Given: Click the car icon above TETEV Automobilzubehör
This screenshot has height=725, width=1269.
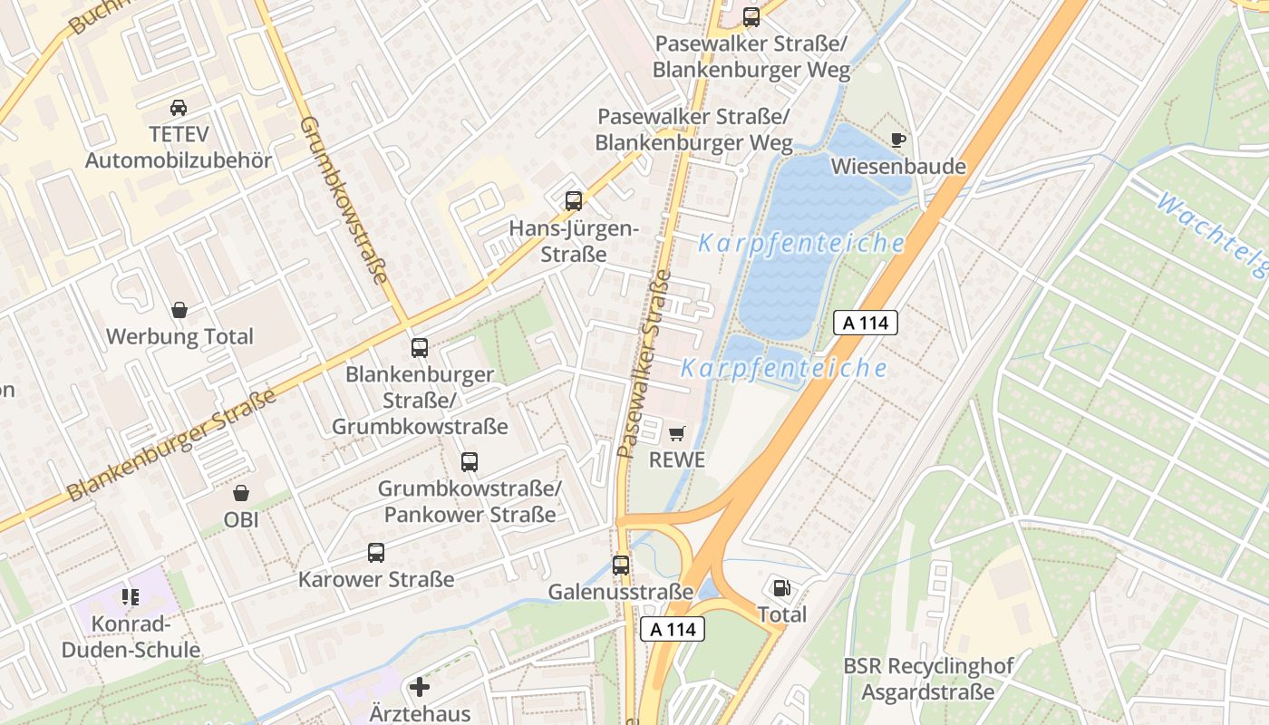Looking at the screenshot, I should tap(179, 107).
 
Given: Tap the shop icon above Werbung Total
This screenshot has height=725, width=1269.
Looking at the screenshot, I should tap(179, 310).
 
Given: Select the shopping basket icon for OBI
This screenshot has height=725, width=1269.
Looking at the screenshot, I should tap(241, 493).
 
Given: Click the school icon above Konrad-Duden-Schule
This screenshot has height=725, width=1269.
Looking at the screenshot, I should tap(131, 596).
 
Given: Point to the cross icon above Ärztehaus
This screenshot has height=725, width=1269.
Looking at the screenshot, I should tap(420, 687).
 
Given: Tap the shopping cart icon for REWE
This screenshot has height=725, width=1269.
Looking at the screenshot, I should tap(677, 433).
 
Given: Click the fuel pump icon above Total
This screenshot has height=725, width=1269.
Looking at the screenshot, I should tap(781, 588).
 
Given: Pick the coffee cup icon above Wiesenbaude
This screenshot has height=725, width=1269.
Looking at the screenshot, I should tap(897, 140).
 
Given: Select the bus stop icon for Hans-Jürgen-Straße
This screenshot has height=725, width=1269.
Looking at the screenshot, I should tap(573, 201).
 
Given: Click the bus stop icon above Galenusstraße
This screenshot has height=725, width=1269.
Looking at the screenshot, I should tap(621, 565).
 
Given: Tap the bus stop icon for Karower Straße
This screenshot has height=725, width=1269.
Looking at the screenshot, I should tap(376, 552).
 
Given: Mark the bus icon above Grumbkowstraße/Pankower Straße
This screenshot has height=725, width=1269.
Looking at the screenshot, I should tap(470, 462).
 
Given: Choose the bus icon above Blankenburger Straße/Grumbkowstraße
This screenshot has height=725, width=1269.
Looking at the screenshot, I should tap(420, 347).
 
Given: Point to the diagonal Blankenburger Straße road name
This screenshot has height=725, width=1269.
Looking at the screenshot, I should tap(172, 446).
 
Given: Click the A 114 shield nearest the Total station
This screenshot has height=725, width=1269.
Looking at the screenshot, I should tap(673, 629).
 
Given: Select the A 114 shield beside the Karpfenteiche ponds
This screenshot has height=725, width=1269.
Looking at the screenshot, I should tap(865, 322).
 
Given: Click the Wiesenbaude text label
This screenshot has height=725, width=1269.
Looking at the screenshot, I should tap(898, 167).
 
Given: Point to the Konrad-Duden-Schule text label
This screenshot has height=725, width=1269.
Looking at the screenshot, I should tap(132, 637).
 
